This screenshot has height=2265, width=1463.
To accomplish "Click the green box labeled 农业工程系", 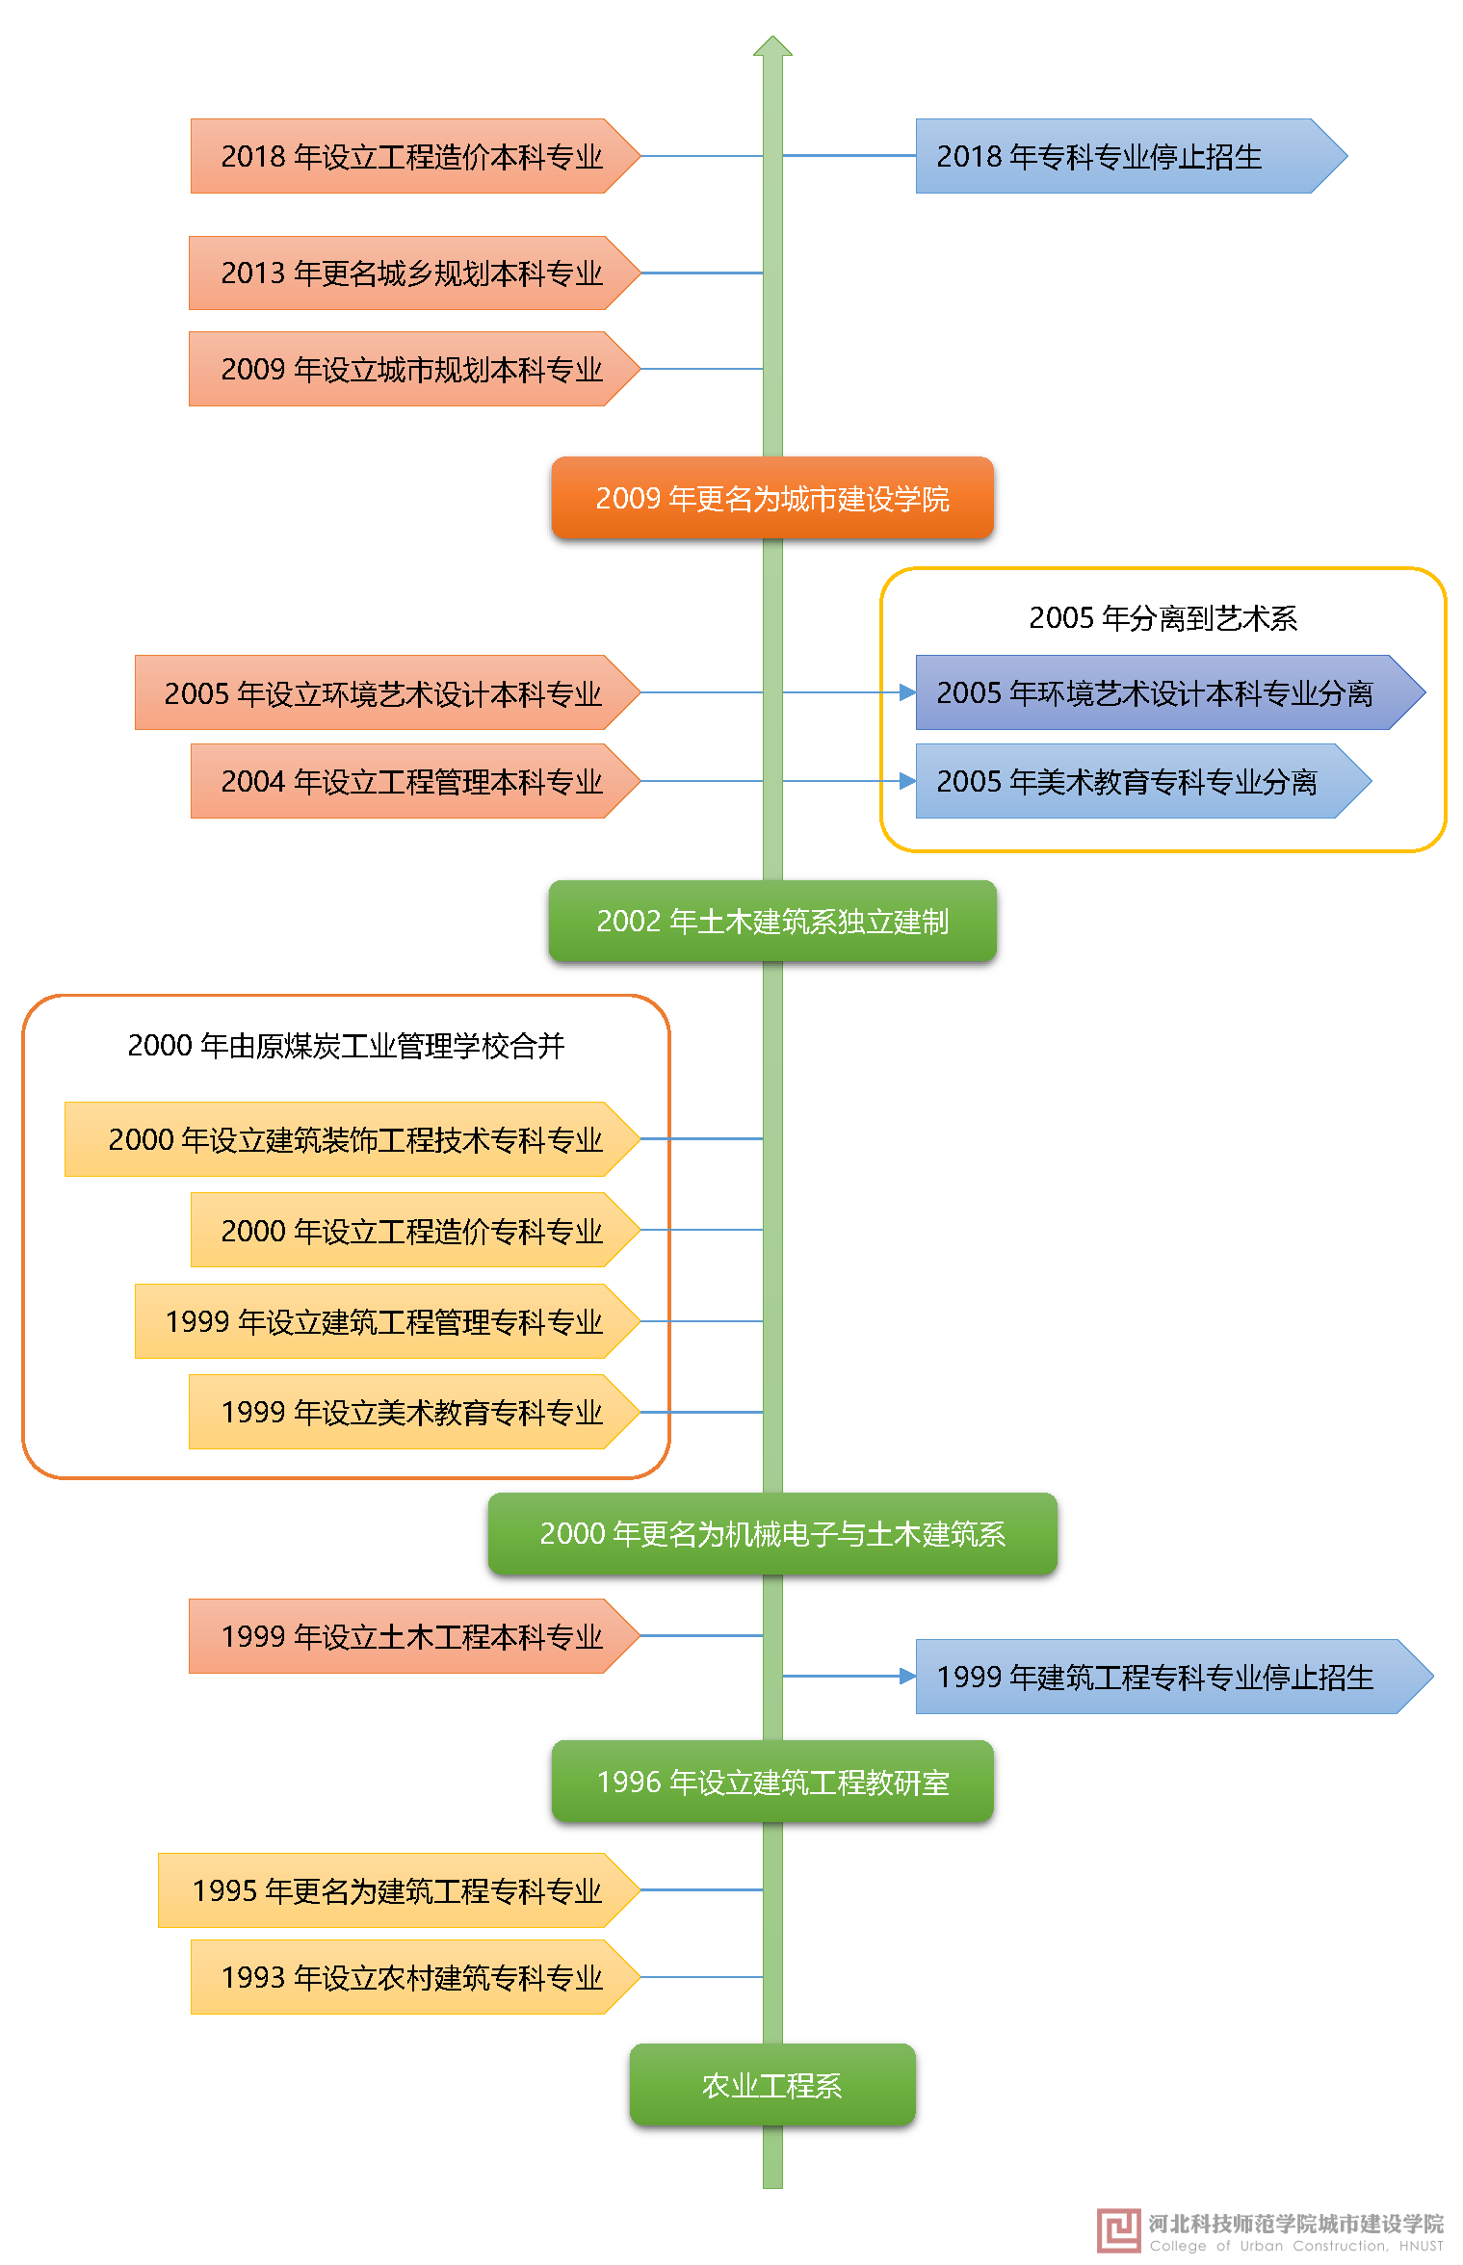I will click(772, 2084).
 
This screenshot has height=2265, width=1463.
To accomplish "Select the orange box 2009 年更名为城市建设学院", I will click(772, 498).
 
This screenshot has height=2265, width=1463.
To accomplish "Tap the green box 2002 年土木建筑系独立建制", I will click(772, 921).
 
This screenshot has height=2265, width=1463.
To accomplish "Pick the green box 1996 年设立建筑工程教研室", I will click(772, 1782).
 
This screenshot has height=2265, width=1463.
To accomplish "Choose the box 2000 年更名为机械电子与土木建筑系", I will click(772, 1533).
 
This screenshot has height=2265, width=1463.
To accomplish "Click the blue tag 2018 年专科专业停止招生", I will click(1117, 156).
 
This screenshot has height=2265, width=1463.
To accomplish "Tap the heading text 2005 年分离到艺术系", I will click(1163, 617).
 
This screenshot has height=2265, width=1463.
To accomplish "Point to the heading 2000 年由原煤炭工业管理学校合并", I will click(346, 1045).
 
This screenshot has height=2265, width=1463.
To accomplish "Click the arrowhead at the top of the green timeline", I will click(772, 47).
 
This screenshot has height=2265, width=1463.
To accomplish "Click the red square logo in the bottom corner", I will click(1119, 2230).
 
